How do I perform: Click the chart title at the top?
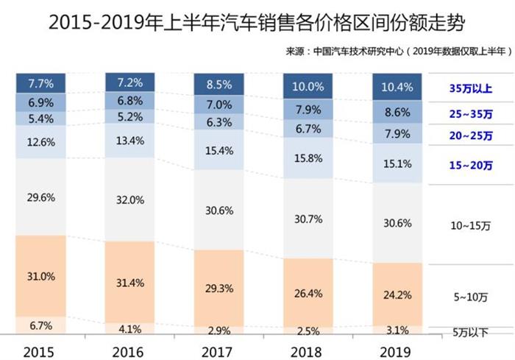click(x=257, y=23)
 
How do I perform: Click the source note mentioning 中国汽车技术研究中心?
click(x=398, y=53)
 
